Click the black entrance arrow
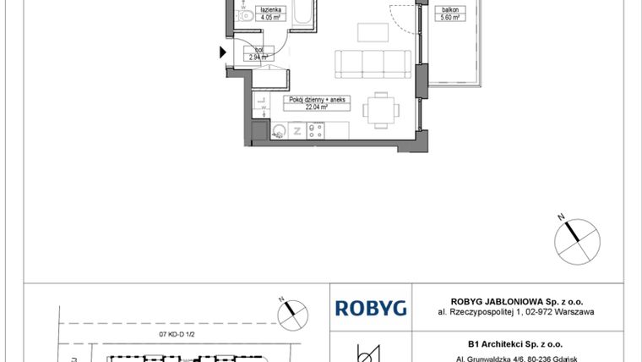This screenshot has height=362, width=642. (x=223, y=52)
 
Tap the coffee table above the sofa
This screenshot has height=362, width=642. (x=371, y=32)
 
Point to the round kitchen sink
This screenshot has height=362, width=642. (x=279, y=129)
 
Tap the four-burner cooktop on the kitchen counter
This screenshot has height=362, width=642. (x=317, y=129)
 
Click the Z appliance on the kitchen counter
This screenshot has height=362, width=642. (x=297, y=129)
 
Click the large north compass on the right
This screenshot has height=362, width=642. (x=576, y=236)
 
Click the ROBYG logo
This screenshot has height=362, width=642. (x=371, y=308)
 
